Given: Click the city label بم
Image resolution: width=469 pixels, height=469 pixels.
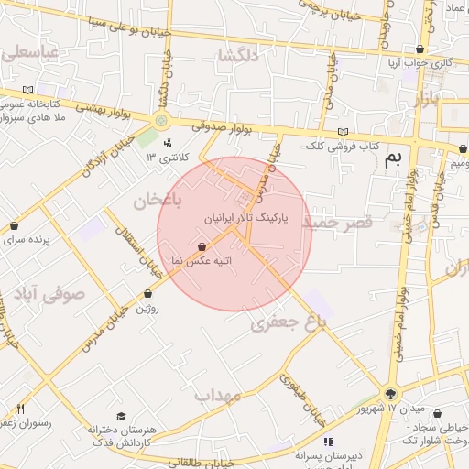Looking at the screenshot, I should [393, 159].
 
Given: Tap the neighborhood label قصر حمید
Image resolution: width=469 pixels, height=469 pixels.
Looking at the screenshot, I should [337, 223].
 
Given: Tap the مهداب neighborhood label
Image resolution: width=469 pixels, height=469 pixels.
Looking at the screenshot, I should [217, 395].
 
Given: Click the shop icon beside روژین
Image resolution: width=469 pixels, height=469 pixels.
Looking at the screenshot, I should [148, 294].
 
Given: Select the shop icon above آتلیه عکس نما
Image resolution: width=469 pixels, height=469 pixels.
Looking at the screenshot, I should [202, 245].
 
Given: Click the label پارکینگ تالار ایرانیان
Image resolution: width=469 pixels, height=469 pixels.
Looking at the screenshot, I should [248, 220].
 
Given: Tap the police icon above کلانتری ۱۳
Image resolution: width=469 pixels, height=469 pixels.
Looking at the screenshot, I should [167, 143].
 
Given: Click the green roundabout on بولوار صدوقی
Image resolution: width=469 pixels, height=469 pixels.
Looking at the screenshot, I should [161, 120].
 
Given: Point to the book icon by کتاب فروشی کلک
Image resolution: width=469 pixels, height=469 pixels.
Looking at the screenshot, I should [343, 132].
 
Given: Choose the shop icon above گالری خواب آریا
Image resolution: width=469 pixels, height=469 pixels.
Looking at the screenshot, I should [420, 49].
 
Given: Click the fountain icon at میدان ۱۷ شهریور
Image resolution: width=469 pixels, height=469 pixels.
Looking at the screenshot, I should [391, 391].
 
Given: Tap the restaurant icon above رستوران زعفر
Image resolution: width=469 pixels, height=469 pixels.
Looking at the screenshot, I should [20, 409].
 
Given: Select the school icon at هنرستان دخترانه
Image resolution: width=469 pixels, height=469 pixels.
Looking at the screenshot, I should [121, 416].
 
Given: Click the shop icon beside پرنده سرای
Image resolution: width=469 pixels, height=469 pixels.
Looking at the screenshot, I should [14, 226].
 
